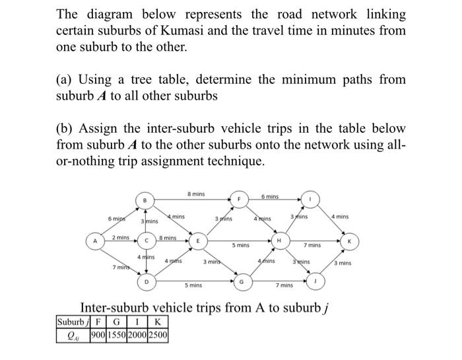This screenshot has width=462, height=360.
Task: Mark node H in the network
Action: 280,241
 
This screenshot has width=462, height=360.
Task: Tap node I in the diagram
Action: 310,198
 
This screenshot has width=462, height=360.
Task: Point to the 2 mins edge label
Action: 120,236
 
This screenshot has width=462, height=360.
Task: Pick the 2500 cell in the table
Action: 158,334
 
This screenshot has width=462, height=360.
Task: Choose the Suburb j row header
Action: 73,322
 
